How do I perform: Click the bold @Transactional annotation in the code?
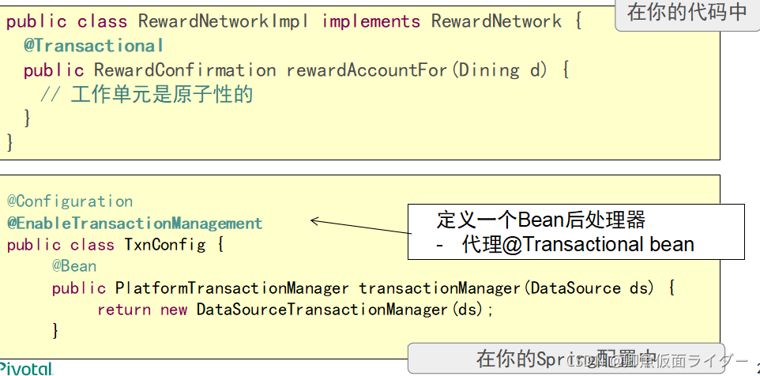[93, 46]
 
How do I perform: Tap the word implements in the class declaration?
[371, 21]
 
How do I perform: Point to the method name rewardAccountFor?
[367, 70]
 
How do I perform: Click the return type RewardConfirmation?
[185, 70]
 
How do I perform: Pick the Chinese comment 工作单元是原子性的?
[161, 96]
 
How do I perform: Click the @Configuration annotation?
[70, 201]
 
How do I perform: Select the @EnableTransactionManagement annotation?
[134, 224]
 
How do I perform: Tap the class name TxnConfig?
[164, 245]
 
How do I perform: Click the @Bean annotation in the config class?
[74, 266]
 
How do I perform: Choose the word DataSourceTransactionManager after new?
[322, 310]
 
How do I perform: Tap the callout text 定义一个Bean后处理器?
[541, 219]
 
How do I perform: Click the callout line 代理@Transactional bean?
[577, 244]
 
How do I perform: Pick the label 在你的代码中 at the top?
[686, 13]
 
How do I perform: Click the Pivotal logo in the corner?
[25, 369]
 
